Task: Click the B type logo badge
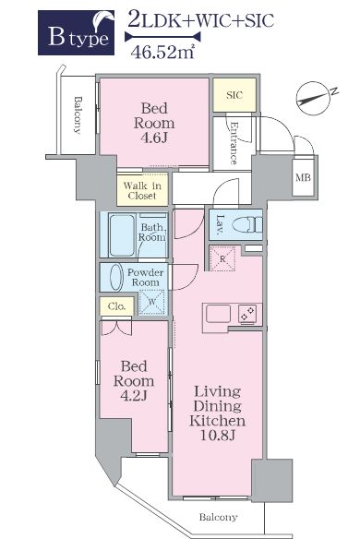[76, 32]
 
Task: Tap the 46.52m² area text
[162, 52]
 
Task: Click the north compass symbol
[315, 98]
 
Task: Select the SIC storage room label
[234, 95]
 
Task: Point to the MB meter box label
[303, 178]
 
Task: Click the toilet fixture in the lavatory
[248, 224]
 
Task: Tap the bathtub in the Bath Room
[122, 235]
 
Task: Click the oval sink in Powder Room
[116, 277]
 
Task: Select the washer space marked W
[152, 302]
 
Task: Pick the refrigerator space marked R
[222, 259]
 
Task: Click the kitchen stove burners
[248, 314]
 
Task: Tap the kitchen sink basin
[219, 314]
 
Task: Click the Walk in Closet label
[142, 191]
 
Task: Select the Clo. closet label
[116, 306]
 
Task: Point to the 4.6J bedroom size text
[154, 138]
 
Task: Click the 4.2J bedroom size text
[134, 396]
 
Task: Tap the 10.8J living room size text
[218, 436]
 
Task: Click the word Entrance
[234, 143]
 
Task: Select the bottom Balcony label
[219, 517]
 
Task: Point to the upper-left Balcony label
[78, 115]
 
